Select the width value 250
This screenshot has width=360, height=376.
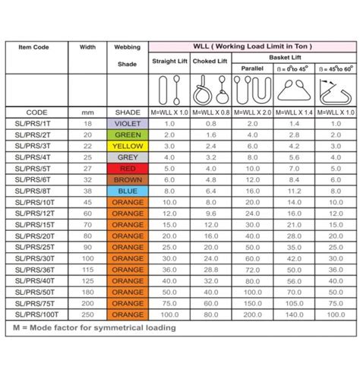[x=88, y=314]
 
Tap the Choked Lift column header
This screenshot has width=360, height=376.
[x=210, y=61]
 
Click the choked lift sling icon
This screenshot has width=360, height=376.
[x=210, y=90]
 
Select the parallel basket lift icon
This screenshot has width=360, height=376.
[x=251, y=90]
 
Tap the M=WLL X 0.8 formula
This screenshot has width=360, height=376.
[x=210, y=112]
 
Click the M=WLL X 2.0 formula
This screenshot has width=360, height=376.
[x=251, y=112]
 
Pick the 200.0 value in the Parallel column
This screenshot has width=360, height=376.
[x=251, y=314]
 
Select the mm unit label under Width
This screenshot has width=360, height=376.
[x=88, y=112]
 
